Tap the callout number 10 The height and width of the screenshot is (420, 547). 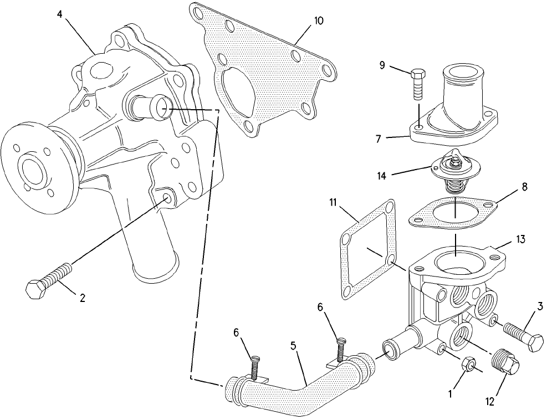pos(319,21)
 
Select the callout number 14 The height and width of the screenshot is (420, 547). pos(382,176)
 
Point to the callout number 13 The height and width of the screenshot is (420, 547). pos(520,239)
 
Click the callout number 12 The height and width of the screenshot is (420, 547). pos(490,402)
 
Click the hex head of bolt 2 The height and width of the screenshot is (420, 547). pos(36,289)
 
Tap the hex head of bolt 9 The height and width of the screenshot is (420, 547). pos(417,74)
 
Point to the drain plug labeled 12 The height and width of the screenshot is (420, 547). pos(505,363)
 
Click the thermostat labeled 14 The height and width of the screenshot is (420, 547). pos(455,171)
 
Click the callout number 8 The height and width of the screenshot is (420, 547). pos(524,187)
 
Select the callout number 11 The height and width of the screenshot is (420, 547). pos(334,202)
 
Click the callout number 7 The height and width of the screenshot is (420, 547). pos(379,139)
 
